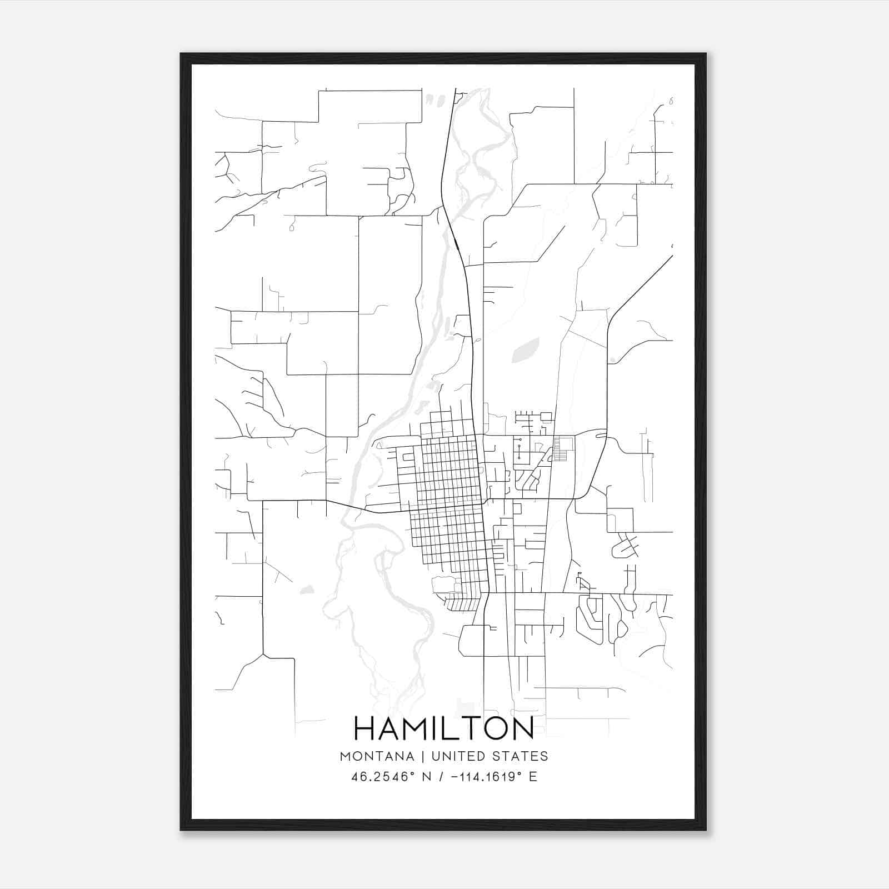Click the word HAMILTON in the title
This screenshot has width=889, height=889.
[444, 728]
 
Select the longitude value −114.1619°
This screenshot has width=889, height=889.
[486, 777]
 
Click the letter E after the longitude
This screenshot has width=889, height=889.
[533, 777]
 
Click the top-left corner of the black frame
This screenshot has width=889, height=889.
[182, 54]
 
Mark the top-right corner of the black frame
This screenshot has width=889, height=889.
[705, 54]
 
